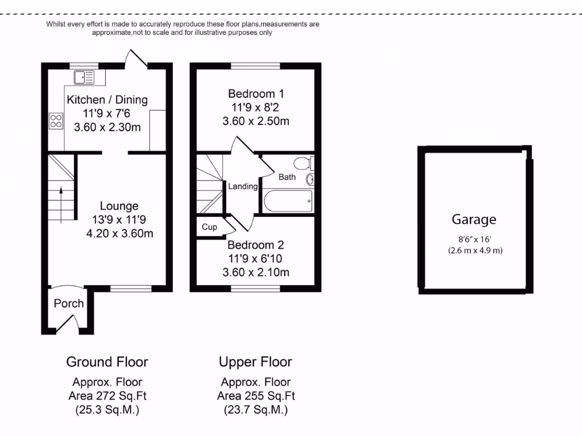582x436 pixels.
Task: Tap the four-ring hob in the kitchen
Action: pos(56,120)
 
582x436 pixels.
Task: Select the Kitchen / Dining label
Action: pos(107,100)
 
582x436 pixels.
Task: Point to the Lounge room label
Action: pos(119,206)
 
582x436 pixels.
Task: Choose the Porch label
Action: pos(69,304)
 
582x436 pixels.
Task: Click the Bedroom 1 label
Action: pos(256,94)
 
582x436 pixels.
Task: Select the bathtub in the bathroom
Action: pos(288,200)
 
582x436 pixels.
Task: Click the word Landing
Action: pos(243,186)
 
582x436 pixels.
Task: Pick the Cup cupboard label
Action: pos(210,227)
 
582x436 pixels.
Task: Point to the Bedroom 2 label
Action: pos(256,245)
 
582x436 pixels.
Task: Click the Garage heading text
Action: pos(474,219)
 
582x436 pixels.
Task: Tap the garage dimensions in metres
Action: pos(474,250)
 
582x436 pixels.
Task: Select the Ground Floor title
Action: pos(107,362)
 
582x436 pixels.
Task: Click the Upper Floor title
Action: pos(255,362)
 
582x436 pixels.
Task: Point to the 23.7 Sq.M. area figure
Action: pos(255,410)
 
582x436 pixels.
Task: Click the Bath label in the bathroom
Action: pos(287,177)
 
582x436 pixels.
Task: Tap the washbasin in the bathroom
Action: pos(310,180)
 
